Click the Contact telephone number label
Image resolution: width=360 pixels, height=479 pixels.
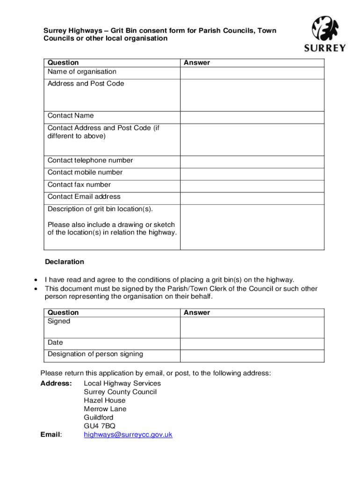(90, 160)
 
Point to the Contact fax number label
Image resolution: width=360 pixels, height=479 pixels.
(79, 185)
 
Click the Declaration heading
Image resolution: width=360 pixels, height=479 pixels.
(65, 261)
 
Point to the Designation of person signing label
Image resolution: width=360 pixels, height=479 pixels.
(95, 354)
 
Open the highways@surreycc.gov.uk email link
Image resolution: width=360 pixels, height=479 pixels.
(128, 435)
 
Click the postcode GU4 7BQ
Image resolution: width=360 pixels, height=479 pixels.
(99, 426)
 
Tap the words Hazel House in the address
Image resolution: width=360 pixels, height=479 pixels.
(105, 400)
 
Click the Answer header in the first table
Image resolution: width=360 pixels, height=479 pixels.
(197, 63)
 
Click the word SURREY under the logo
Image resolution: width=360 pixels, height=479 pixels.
(325, 48)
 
